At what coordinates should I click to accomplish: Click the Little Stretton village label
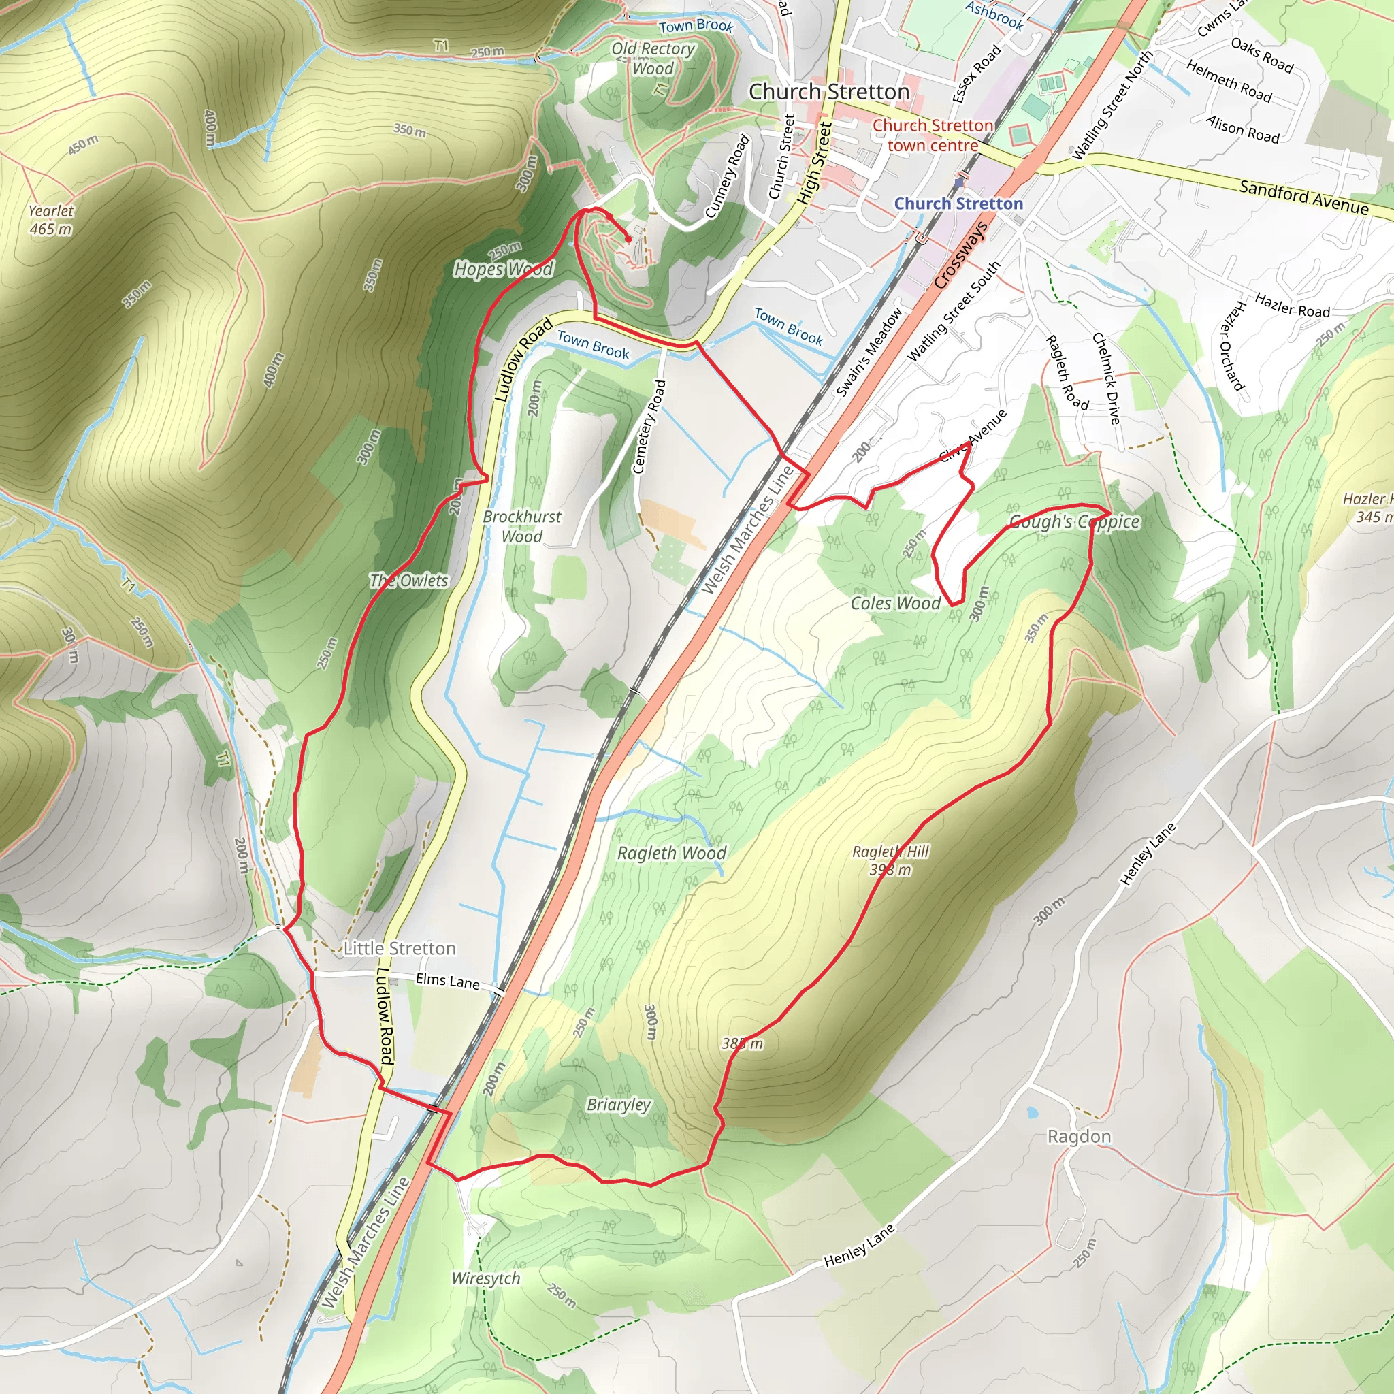pos(399,948)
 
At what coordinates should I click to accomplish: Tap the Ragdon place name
pos(1079,1137)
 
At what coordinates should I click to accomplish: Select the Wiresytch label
pos(485,1278)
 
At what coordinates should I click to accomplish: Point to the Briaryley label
pos(618,1105)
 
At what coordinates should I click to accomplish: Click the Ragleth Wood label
pos(671,853)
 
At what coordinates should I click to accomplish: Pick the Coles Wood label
pos(896,603)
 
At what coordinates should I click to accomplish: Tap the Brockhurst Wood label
pos(521,527)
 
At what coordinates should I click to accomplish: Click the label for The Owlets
pos(408,580)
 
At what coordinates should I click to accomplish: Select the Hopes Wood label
pos(503,269)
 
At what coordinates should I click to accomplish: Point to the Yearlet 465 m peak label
pos(50,220)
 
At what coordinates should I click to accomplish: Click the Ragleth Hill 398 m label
pos(890,860)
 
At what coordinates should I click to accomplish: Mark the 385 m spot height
pos(742,1043)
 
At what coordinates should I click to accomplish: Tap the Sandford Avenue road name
pos(1303,197)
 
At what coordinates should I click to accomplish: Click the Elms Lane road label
pos(447,981)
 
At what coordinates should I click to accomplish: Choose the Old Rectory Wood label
pos(653,59)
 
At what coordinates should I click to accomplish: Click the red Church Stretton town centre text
pos(933,135)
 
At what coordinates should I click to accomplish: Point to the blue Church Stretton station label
pos(958,204)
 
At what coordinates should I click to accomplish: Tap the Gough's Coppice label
pos(1073,521)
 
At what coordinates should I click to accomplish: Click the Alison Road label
pos(1242,129)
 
